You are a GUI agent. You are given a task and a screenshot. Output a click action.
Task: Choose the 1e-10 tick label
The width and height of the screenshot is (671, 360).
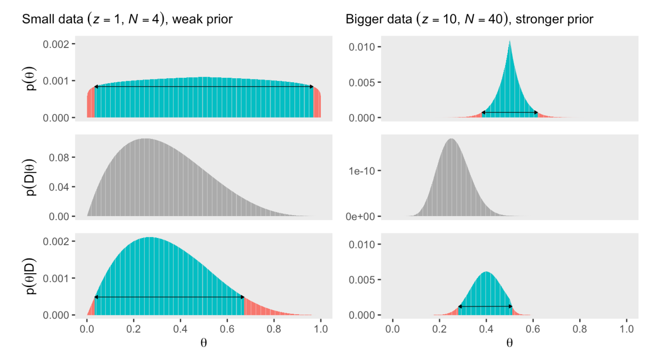[x=361, y=171]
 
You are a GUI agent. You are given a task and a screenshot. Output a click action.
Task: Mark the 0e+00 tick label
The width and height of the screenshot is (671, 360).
[x=360, y=216]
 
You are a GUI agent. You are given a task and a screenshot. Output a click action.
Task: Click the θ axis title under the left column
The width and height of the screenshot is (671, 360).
[x=204, y=343]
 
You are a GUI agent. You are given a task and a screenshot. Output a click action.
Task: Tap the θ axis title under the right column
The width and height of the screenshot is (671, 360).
[x=510, y=343]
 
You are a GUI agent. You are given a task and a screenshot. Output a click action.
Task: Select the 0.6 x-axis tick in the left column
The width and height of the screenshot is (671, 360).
[x=227, y=329]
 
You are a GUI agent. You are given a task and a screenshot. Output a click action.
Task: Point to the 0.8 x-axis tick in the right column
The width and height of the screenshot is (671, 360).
[x=579, y=329]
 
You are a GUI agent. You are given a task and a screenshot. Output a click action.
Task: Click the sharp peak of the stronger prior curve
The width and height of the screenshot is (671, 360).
[x=510, y=42]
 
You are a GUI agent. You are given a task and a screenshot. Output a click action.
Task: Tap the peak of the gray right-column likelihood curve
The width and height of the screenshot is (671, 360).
[x=451, y=140]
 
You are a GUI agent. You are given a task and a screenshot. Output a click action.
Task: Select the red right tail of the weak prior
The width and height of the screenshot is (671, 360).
[x=317, y=105]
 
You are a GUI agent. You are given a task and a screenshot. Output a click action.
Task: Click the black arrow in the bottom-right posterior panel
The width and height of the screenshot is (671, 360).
[x=485, y=306]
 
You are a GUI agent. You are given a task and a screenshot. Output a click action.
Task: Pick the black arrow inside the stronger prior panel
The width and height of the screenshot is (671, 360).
[x=510, y=112]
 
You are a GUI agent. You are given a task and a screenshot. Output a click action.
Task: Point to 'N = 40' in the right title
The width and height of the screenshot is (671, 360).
[x=483, y=19]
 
